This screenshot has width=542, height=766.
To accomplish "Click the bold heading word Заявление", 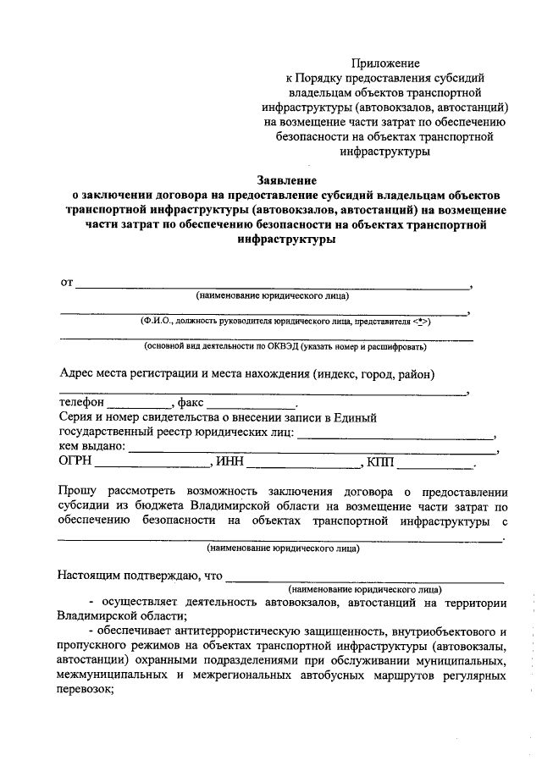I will (286, 179).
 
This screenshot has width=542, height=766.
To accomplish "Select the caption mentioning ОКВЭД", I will (285, 346).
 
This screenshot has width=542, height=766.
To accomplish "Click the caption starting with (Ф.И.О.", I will (286, 322).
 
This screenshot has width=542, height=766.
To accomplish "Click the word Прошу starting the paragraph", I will (78, 492).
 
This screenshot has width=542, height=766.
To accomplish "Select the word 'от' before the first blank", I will (66, 282).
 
